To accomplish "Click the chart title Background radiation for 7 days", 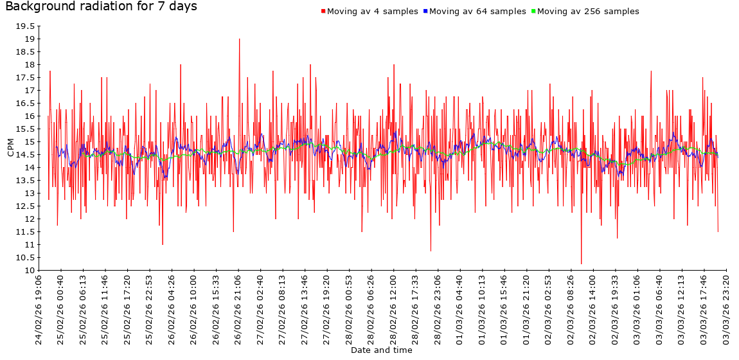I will (101, 7).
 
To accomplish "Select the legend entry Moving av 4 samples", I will (373, 12).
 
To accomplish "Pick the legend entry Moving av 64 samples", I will (477, 12).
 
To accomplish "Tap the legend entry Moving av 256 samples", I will (588, 12).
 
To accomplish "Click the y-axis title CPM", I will (10, 148).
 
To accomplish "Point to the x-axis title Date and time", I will (381, 350).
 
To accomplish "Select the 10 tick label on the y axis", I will (30, 271).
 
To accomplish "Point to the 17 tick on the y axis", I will (30, 91).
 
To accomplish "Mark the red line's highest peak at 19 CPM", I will (240, 39).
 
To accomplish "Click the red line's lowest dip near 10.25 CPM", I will (581, 264).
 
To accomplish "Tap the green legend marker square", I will (533, 12).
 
